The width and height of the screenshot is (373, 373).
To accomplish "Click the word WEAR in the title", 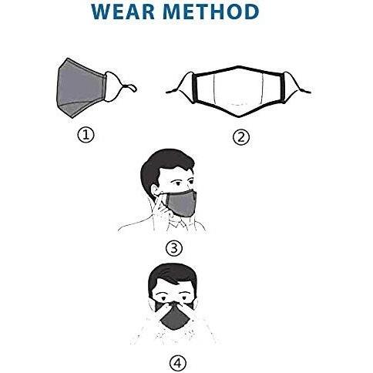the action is (123, 12).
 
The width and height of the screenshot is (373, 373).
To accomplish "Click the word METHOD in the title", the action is (211, 12).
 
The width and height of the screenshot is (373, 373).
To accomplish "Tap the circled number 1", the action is (86, 135).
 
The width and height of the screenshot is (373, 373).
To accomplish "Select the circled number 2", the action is (241, 137).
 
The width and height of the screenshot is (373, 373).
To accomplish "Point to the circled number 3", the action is (174, 248).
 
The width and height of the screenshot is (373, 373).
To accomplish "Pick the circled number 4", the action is (178, 363).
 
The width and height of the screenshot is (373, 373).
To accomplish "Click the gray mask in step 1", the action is (80, 88).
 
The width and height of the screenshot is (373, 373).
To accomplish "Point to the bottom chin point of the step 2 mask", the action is (239, 116).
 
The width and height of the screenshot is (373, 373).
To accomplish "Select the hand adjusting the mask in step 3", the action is (164, 210).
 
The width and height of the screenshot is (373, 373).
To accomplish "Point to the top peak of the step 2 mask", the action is (237, 67).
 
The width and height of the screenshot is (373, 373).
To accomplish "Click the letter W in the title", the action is (102, 12).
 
